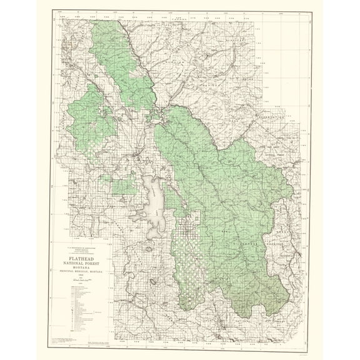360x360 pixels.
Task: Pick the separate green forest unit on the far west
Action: tap(91, 116)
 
